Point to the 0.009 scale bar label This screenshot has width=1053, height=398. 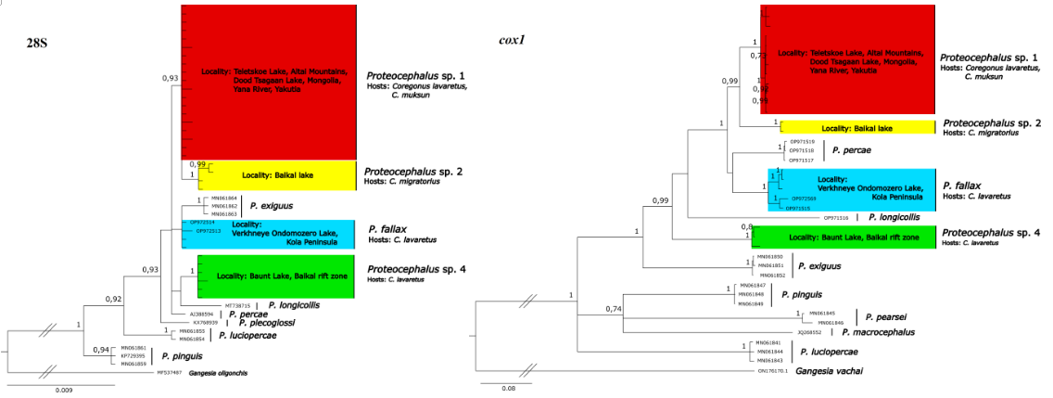63,390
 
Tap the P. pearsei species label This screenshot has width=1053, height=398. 880,316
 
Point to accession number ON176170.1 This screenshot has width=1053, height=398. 774,371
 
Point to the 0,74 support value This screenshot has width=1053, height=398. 613,309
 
